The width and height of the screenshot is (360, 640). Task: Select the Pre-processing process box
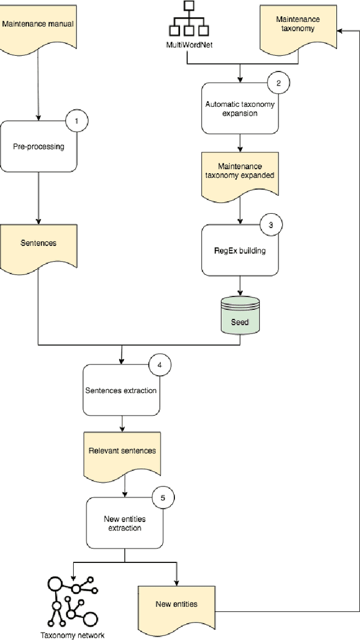[38, 147]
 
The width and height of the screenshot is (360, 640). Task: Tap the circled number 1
[78, 120]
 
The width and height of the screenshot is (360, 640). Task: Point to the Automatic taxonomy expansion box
[240, 109]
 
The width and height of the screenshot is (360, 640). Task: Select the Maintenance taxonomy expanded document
[240, 171]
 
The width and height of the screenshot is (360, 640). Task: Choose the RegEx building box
[240, 250]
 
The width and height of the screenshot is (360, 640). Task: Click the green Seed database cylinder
[240, 314]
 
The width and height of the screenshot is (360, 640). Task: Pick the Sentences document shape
[38, 242]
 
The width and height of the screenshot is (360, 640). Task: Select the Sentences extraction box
[121, 390]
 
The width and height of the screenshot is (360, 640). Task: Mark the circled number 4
[159, 364]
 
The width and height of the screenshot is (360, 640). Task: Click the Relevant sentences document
[122, 451]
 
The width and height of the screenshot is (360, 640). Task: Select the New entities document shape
[177, 604]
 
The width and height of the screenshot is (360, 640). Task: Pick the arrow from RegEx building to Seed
[240, 285]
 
